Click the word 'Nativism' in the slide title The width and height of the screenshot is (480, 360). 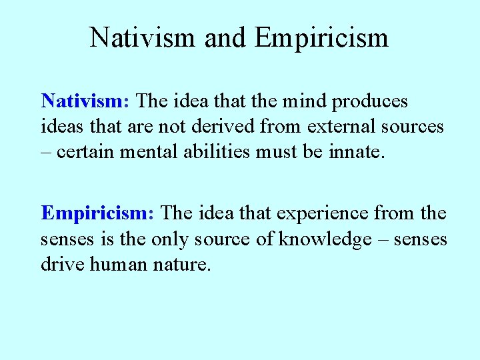(x=143, y=37)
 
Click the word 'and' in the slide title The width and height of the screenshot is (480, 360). (x=225, y=37)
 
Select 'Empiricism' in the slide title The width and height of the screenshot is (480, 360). (x=321, y=37)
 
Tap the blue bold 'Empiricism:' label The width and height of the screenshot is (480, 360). (x=98, y=213)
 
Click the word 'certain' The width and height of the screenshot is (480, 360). (x=86, y=151)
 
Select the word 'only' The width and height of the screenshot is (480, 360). (x=172, y=239)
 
